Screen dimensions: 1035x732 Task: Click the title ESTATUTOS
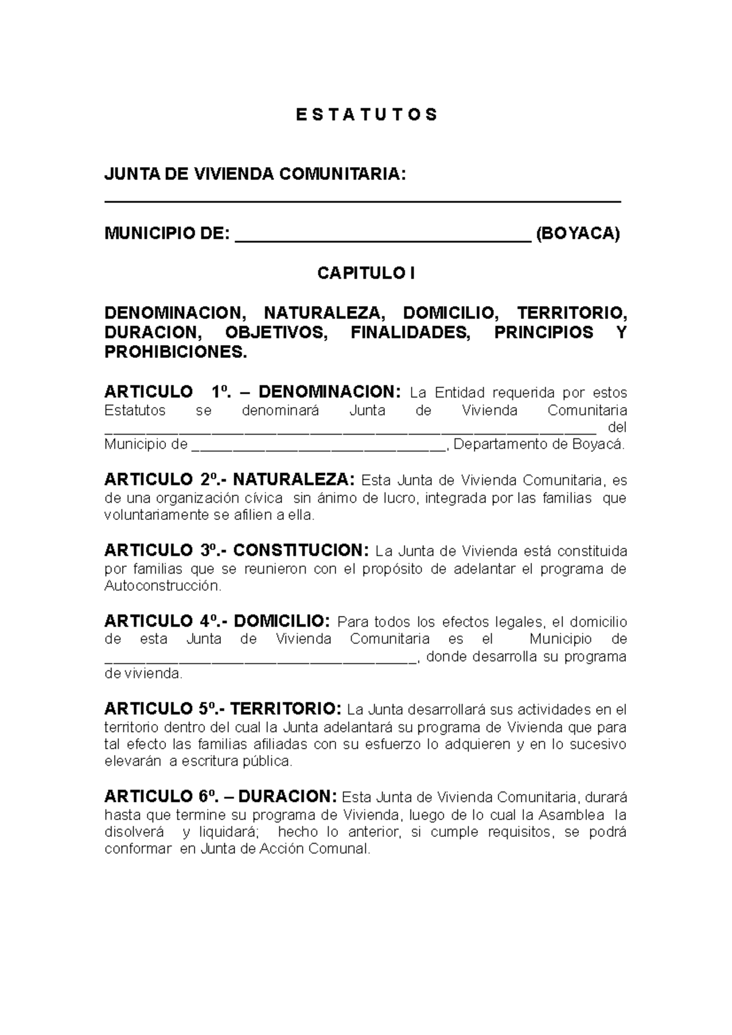[366, 115]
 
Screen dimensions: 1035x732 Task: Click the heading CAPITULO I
[365, 273]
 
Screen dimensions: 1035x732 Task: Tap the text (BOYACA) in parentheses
[577, 233]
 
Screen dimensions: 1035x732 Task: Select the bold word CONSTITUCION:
[301, 550]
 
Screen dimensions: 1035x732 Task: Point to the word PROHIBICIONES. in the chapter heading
[176, 352]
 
